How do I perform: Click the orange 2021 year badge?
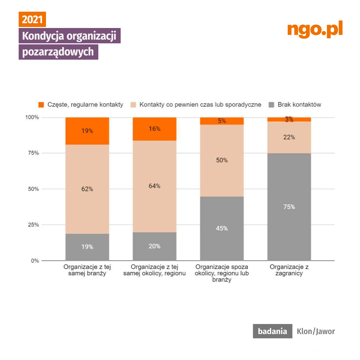click(x=32, y=20)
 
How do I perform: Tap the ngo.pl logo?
click(x=315, y=30)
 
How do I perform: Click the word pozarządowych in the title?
click(x=58, y=52)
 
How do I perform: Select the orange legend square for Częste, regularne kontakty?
click(x=41, y=105)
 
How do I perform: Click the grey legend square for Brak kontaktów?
click(x=272, y=105)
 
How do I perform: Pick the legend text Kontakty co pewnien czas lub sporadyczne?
click(x=200, y=105)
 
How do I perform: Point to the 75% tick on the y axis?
click(x=33, y=153)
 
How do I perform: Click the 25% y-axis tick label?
click(x=33, y=225)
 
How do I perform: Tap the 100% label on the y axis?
click(x=32, y=118)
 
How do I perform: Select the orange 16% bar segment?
click(x=154, y=129)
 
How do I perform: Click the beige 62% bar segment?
click(x=87, y=189)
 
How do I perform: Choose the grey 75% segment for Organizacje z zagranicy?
click(x=289, y=207)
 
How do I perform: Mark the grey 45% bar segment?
click(x=222, y=229)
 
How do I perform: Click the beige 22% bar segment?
click(x=289, y=137)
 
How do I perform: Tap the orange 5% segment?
click(x=222, y=121)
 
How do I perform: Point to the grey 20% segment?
click(x=154, y=246)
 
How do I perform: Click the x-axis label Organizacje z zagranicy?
click(x=289, y=270)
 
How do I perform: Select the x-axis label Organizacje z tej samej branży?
click(x=87, y=270)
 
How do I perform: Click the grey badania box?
click(x=272, y=331)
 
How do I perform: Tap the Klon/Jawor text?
click(x=316, y=331)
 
